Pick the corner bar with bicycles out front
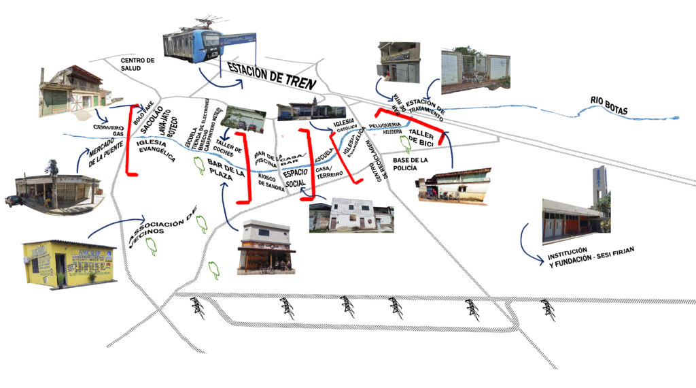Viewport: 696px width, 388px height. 266,248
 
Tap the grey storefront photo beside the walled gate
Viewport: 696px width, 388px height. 399,63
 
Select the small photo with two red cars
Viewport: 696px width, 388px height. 243,120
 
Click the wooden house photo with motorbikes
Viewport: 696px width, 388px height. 453,184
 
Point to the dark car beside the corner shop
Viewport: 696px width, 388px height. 12,200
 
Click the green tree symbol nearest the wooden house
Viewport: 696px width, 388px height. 405,143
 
